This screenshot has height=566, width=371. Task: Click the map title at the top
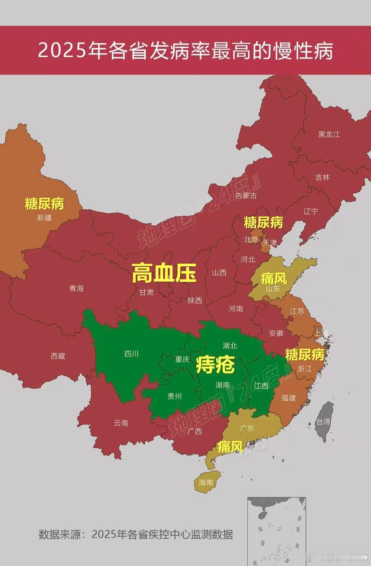[x=185, y=50]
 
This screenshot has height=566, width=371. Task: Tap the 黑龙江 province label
[x=329, y=135]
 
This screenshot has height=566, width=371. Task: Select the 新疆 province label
[x=44, y=218]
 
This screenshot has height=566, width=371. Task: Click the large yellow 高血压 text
[x=164, y=273]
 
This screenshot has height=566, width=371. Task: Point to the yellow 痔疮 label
[x=215, y=365]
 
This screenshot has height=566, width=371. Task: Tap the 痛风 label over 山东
[x=274, y=278]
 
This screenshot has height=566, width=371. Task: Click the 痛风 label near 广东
[x=230, y=447]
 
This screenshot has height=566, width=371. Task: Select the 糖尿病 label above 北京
[x=263, y=223]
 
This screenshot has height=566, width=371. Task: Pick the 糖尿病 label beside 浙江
[x=304, y=355]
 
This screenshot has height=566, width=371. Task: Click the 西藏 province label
[x=58, y=356]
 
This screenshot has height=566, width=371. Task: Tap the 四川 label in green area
[x=131, y=354]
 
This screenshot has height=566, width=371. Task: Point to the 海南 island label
[x=206, y=482]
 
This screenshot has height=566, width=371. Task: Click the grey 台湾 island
[x=324, y=421]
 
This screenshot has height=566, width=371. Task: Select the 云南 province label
[x=121, y=423]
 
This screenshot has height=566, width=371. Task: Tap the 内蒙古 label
[x=246, y=196]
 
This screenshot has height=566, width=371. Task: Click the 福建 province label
[x=288, y=398]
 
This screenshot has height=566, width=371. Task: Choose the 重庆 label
[x=182, y=359]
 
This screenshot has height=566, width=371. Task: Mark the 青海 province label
[x=76, y=288]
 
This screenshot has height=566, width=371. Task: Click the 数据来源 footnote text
[x=136, y=534]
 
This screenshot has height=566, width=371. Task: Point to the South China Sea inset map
[x=276, y=531]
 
